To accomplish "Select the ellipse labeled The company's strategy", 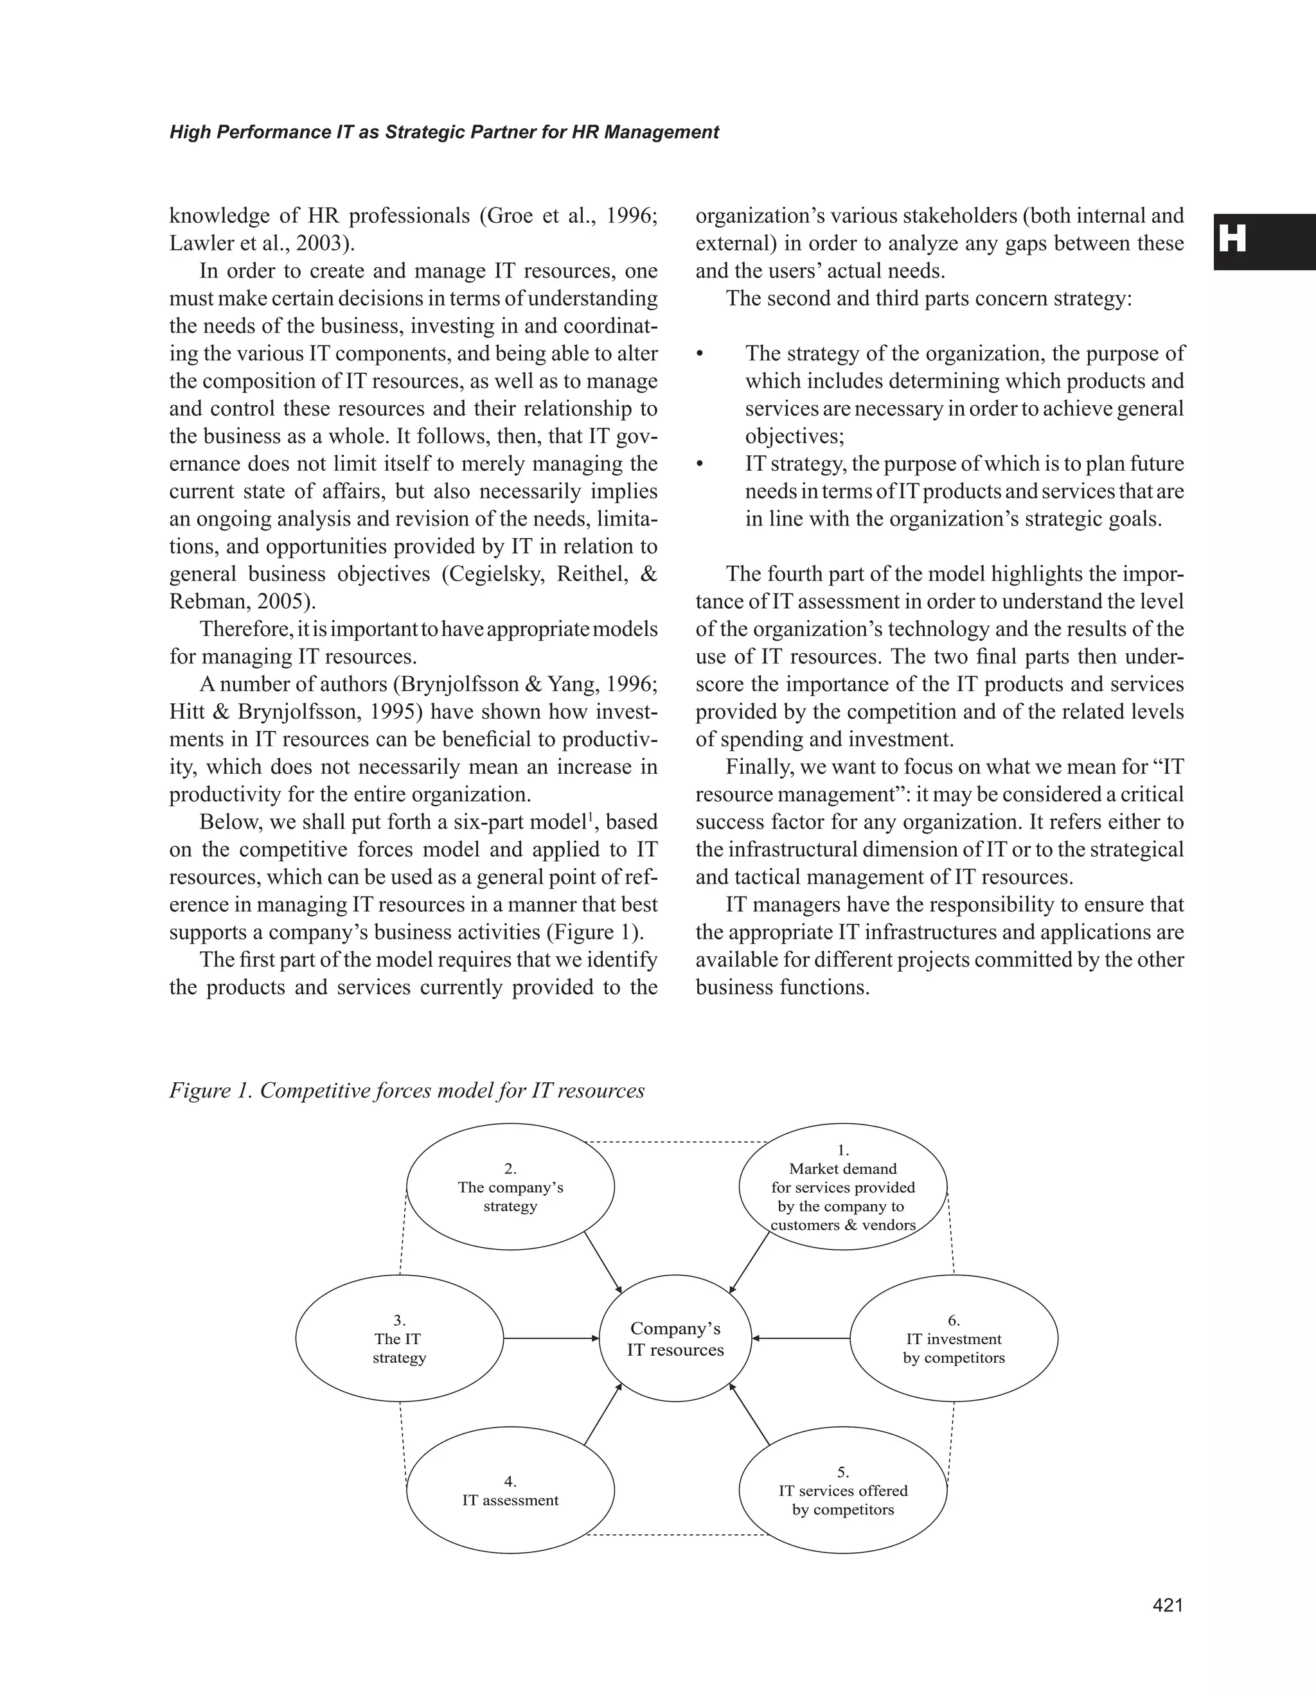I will (510, 1187).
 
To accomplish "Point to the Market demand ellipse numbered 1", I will (842, 1187).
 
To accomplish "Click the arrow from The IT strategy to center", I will (551, 1338).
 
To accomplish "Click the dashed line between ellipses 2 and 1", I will (676, 1141).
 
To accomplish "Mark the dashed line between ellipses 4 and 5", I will (676, 1534).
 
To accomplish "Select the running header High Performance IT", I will (444, 132).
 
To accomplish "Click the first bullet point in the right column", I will (699, 355).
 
